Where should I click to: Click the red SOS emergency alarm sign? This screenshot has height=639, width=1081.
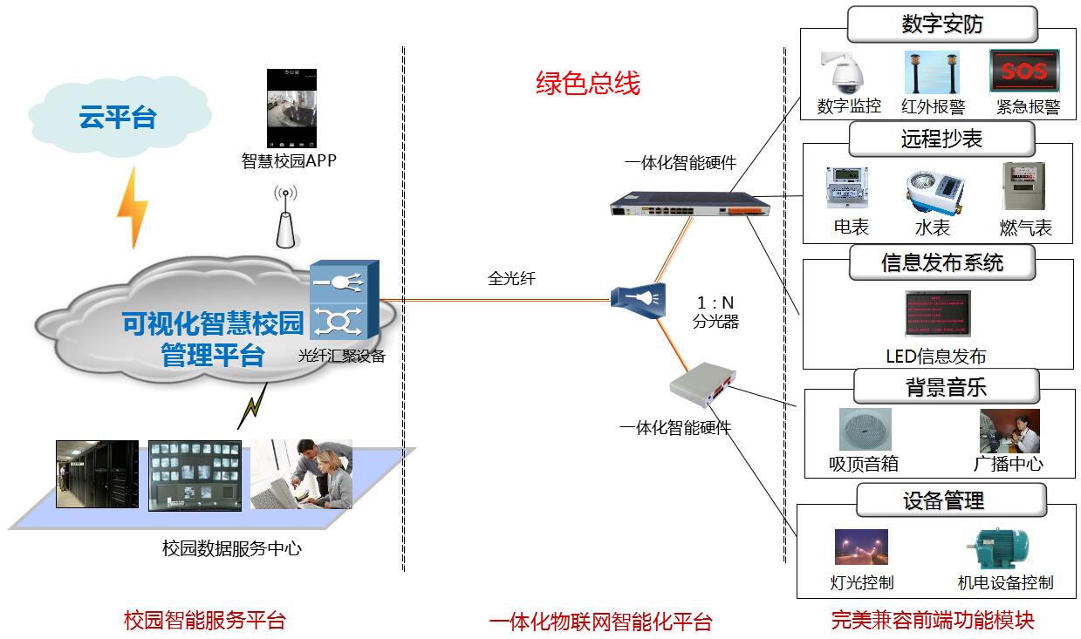coord(1023,71)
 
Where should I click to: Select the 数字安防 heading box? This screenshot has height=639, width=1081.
coord(942,24)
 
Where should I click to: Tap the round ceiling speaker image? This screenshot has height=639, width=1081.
coord(865,430)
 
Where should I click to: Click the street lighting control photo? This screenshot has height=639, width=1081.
coord(861,548)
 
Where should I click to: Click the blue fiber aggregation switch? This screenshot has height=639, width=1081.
coord(344,302)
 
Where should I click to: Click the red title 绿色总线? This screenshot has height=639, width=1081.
coord(588,83)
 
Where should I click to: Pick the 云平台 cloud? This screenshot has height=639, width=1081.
coord(119,117)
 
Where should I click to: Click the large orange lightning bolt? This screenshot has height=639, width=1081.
coord(133,208)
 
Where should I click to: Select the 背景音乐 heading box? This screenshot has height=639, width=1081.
coord(945,386)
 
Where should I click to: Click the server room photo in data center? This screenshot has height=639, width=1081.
coord(97,473)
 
